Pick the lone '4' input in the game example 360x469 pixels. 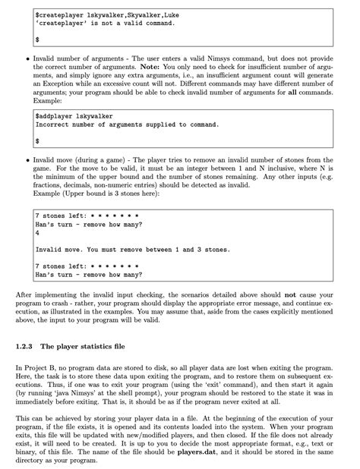coord(36,234)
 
